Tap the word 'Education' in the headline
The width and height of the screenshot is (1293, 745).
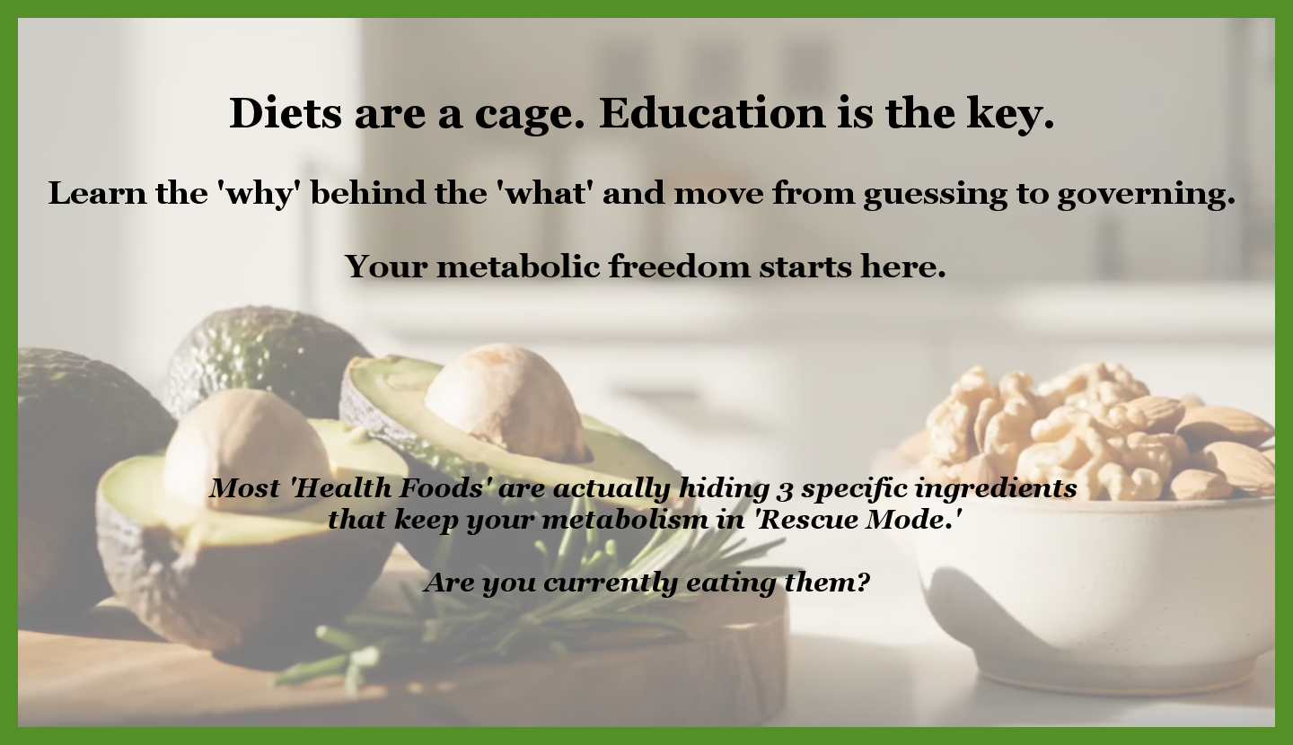click(x=712, y=113)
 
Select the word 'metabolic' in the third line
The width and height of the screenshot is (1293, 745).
click(x=518, y=266)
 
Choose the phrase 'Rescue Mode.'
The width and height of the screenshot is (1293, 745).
click(x=858, y=520)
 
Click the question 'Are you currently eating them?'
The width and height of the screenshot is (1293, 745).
click(x=646, y=583)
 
